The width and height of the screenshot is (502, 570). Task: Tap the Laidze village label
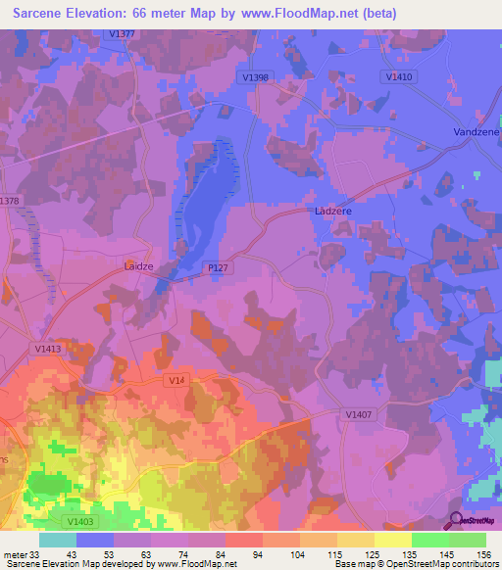pyautogui.click(x=138, y=264)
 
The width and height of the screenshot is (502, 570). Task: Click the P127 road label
pyautogui.click(x=218, y=265)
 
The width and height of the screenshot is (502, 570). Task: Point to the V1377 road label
pyautogui.click(x=123, y=34)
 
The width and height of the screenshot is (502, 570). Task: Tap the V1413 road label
pyautogui.click(x=47, y=348)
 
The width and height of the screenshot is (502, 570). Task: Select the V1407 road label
pyautogui.click(x=359, y=414)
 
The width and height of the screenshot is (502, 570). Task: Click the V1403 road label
pyautogui.click(x=82, y=522)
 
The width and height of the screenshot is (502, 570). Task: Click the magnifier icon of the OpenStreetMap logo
pyautogui.click(x=456, y=520)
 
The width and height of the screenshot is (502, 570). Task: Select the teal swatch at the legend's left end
pyautogui.click(x=58, y=540)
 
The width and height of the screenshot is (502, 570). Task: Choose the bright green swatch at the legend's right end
pyautogui.click(x=468, y=540)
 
